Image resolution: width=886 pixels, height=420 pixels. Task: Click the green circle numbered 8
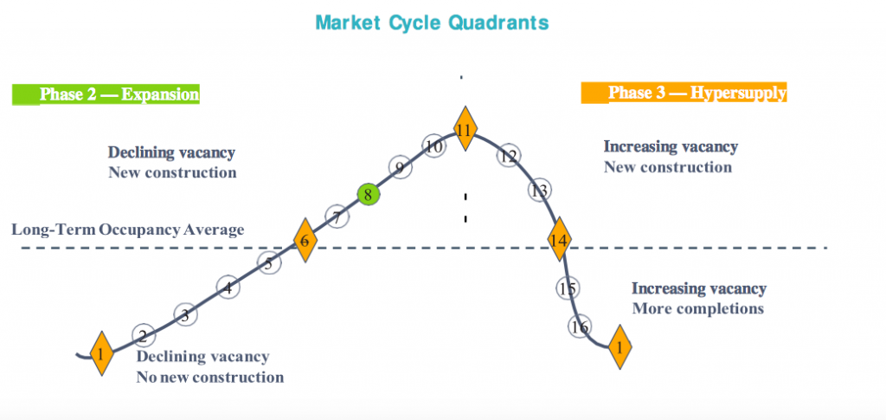[x=368, y=196]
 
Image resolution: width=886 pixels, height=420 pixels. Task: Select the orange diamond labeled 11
[x=465, y=128]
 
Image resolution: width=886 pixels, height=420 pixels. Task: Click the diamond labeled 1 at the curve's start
[x=102, y=354]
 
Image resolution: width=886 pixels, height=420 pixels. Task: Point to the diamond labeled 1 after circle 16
[x=620, y=347]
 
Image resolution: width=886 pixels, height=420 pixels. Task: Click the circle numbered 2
[x=144, y=336]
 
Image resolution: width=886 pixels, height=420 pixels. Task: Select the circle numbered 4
[x=228, y=288]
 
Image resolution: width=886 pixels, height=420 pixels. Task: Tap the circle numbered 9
[x=400, y=168]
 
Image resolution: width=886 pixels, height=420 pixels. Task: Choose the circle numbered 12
[x=509, y=156]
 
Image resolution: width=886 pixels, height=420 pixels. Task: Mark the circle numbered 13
[x=540, y=191]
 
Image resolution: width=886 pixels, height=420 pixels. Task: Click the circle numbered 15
[x=568, y=288]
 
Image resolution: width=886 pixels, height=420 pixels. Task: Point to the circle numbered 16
[x=580, y=326]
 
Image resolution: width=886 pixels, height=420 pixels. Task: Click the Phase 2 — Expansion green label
[x=106, y=94]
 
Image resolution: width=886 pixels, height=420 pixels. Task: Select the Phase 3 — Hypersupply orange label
[x=684, y=93]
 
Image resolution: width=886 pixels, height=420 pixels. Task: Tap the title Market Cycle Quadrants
[x=432, y=23]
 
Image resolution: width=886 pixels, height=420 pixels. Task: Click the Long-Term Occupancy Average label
[x=128, y=230]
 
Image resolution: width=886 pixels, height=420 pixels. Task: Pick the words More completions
[x=698, y=309]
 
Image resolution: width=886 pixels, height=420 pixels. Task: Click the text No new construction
[x=210, y=377]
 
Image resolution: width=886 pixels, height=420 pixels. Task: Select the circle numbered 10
[x=434, y=146]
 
